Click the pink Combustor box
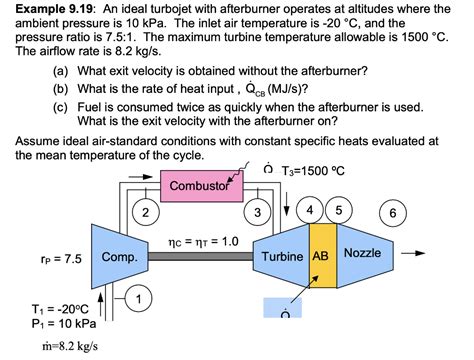(200, 187)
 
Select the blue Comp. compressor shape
(116, 257)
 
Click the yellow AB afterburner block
(323, 256)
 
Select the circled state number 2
(146, 213)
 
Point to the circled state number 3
(259, 213)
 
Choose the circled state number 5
(340, 210)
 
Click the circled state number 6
(394, 213)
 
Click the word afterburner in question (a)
(333, 72)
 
